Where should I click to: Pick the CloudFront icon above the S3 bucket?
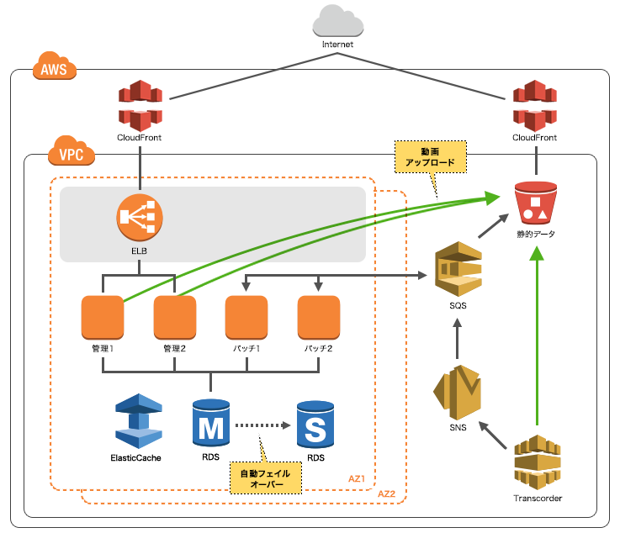click(535, 104)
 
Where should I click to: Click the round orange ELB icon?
click(139, 218)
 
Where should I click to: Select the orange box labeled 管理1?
click(103, 316)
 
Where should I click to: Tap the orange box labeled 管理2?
click(175, 316)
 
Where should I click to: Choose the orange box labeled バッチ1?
click(246, 316)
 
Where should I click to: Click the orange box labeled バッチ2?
click(319, 316)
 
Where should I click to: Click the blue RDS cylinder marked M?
click(209, 423)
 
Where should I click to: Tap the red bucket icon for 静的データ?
click(536, 203)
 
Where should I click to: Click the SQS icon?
click(458, 268)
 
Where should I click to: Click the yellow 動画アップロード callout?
click(430, 156)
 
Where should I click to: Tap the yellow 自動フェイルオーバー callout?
click(266, 479)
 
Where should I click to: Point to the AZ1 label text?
click(358, 478)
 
